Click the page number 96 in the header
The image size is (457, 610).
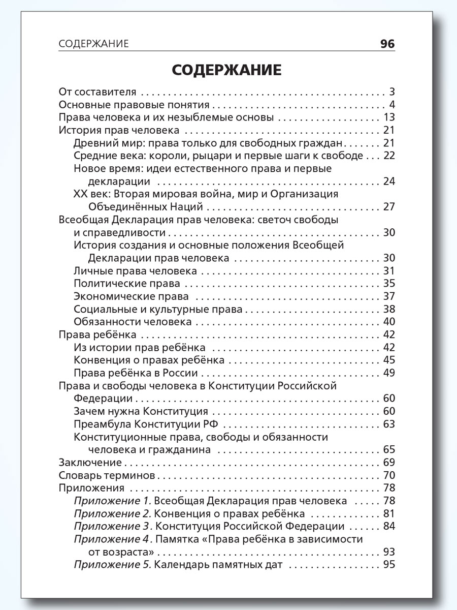coord(387,44)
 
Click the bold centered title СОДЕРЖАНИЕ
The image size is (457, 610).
coord(226,70)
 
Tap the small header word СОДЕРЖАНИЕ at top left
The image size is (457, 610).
coord(94,44)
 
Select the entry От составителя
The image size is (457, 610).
coord(97,92)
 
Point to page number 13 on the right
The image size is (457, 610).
coord(389,118)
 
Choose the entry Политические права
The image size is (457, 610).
coord(127,283)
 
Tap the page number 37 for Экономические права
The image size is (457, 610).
coord(389,296)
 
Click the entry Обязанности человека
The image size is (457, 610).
coord(133,321)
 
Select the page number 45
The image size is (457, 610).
coord(389,360)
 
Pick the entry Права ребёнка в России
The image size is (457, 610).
coord(128,373)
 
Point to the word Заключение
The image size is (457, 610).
coord(90,463)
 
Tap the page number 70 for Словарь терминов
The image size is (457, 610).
coord(389,476)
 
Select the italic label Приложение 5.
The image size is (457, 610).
coord(112,565)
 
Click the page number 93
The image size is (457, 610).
coord(389,552)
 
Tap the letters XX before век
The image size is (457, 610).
coord(80,194)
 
